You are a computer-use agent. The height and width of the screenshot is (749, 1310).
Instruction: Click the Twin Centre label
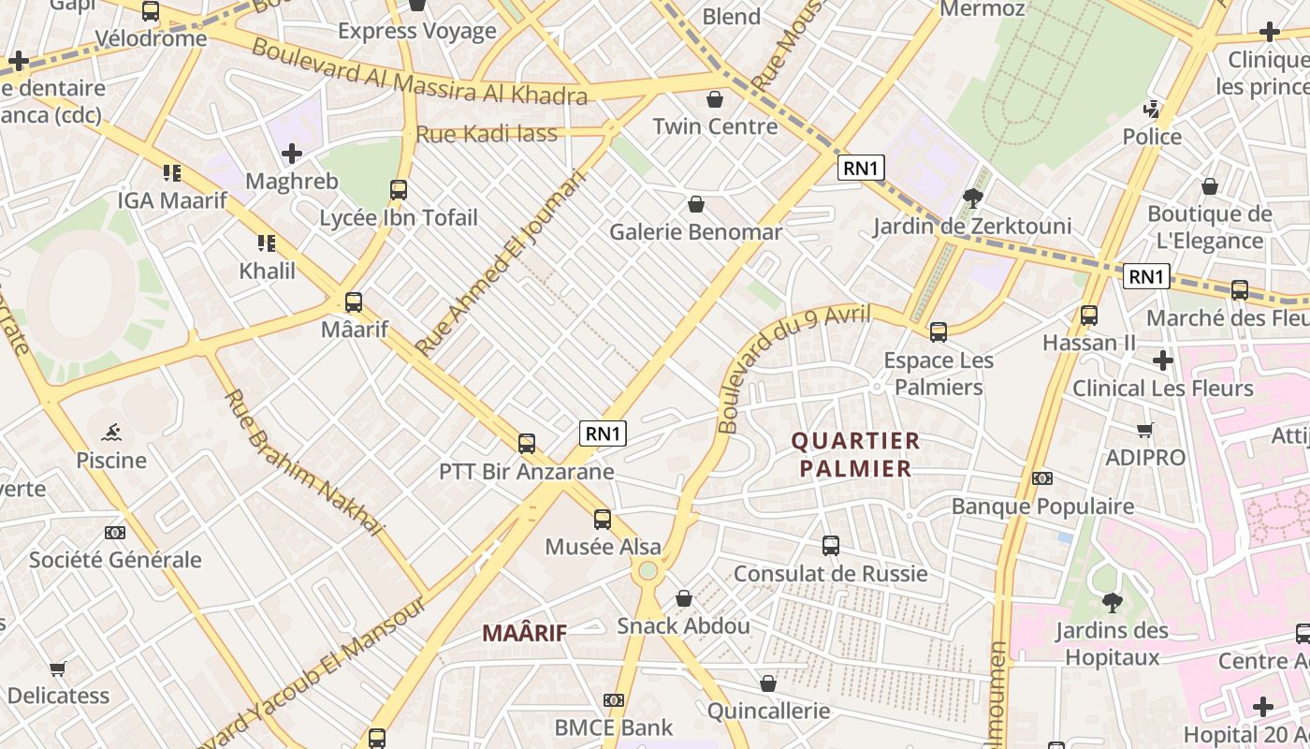[x=715, y=126]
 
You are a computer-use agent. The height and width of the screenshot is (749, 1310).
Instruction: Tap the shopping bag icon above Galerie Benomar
[x=696, y=203]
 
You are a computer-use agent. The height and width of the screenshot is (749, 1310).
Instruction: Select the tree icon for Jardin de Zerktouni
[x=972, y=198]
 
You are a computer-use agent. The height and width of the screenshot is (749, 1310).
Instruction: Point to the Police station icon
[x=1152, y=110]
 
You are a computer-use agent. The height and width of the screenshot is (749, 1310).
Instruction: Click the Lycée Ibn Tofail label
[x=399, y=218]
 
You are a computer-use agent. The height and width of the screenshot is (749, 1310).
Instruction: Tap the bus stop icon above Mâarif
[x=354, y=302]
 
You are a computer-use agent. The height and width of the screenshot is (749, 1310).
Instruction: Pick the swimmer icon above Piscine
[x=112, y=433]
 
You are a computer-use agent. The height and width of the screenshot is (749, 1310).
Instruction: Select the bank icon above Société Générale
[x=115, y=533]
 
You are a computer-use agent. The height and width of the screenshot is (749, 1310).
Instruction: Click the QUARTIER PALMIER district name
[x=855, y=454]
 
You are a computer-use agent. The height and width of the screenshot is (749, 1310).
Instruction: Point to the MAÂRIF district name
[x=524, y=633]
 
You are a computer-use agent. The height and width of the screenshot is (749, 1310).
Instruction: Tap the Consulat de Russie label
[x=830, y=573]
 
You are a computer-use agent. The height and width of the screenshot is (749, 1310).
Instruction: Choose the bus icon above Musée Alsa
[x=603, y=519]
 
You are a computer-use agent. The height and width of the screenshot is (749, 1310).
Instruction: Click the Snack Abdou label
[x=683, y=625]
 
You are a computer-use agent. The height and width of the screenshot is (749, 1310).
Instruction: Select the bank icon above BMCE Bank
[x=614, y=700]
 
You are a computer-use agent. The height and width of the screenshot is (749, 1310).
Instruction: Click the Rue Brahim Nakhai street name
[x=304, y=463]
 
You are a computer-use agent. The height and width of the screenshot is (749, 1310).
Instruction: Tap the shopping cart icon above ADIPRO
[x=1144, y=431]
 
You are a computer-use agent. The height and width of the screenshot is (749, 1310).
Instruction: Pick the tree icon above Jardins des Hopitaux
[x=1112, y=602]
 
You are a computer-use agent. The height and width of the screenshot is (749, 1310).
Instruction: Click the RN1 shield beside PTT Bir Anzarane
[x=603, y=433]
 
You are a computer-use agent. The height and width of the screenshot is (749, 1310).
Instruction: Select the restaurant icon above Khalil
[x=267, y=243]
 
